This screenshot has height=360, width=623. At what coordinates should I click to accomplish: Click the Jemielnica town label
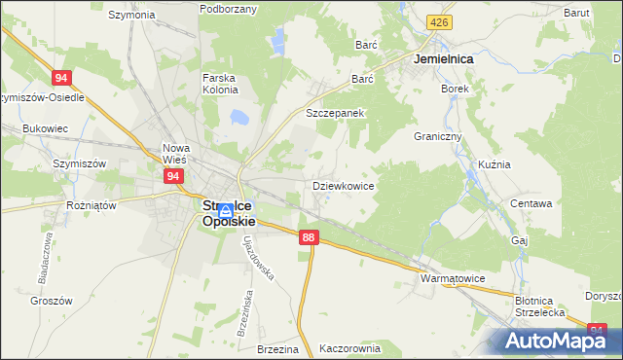coord(443,59)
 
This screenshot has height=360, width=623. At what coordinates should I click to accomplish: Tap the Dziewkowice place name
coord(344,185)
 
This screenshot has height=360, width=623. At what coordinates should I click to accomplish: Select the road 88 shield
coord(309,237)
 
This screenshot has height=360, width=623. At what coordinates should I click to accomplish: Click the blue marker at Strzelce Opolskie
coord(225,210)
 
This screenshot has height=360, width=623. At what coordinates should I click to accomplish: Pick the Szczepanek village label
coord(335,113)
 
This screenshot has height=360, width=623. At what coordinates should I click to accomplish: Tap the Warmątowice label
coord(452,278)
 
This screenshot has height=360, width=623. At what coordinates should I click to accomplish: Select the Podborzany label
coord(228,9)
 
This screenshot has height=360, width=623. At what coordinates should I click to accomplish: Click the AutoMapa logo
coord(555,340)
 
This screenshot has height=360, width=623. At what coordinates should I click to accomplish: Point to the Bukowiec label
coord(45,127)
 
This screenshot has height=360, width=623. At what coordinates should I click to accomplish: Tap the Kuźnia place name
coord(495,164)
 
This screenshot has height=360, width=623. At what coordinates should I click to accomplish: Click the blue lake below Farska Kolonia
coord(237,118)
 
